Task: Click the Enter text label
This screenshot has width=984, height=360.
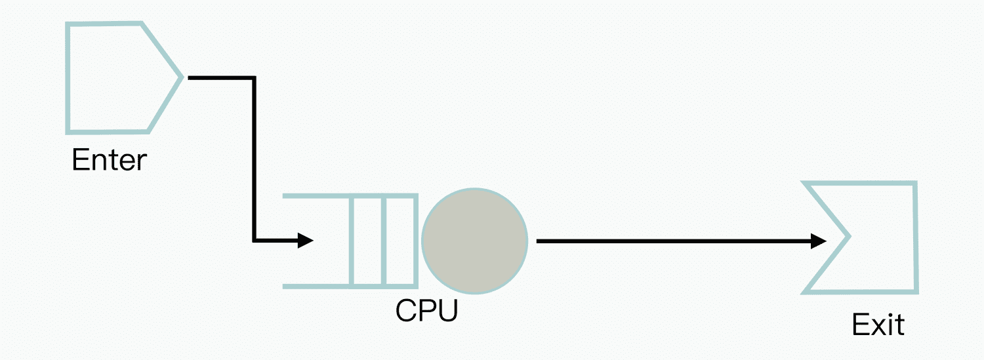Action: click(109, 160)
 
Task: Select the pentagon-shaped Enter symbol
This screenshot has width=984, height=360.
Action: click(112, 78)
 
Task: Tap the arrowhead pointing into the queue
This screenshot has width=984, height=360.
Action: click(306, 241)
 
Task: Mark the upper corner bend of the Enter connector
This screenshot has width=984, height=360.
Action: click(254, 78)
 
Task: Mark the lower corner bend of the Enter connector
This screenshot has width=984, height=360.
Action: click(254, 241)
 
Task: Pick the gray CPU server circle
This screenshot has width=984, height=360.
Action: click(474, 241)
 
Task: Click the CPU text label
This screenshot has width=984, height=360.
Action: click(426, 311)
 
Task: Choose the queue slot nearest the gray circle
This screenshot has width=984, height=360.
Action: click(401, 241)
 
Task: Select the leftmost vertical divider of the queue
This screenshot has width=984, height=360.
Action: click(353, 241)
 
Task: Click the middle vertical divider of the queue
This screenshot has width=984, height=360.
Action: click(384, 241)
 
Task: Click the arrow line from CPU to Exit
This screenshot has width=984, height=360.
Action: click(676, 241)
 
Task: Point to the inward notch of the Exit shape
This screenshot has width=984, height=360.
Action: click(848, 236)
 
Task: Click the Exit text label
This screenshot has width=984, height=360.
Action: click(878, 325)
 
